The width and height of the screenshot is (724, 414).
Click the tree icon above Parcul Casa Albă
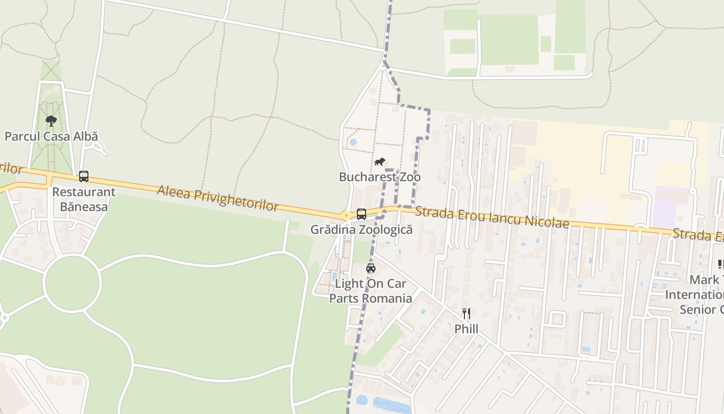click(51, 121)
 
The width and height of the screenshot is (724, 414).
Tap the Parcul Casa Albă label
click(51, 137)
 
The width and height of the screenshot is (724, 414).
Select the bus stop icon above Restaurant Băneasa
click(84, 176)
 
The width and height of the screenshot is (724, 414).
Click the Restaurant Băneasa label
click(84, 199)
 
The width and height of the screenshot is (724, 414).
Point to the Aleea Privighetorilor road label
click(218, 198)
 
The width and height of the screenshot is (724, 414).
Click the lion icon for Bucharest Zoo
click(380, 162)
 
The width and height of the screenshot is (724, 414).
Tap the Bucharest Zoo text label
click(380, 177)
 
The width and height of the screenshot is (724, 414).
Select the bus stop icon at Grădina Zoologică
click(361, 214)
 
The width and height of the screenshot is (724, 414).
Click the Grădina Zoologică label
click(361, 229)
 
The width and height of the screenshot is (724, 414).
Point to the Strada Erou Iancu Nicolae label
click(492, 217)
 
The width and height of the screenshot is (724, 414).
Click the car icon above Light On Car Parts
click(371, 268)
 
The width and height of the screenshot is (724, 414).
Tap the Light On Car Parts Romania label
click(371, 291)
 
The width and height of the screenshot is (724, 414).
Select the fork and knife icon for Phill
click(466, 314)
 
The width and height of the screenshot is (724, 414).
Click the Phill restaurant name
click(466, 329)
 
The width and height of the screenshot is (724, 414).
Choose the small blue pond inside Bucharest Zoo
click(353, 142)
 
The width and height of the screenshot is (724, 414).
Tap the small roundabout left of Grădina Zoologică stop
click(345, 214)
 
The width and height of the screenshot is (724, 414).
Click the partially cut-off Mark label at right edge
click(706, 280)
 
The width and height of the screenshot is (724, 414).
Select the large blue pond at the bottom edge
click(390, 404)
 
